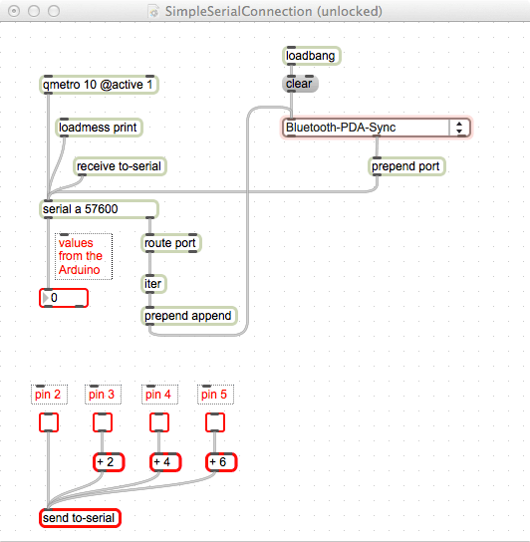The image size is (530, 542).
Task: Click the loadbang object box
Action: (312, 56)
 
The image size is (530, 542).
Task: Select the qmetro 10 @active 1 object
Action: (99, 85)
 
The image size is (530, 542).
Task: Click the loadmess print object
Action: (99, 128)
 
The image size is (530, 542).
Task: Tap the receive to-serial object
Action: (120, 166)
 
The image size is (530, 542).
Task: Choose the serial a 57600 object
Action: (99, 209)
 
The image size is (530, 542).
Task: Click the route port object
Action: (170, 243)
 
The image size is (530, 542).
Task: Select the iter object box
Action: (153, 284)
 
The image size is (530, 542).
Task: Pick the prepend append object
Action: (189, 316)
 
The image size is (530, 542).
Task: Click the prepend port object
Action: (406, 166)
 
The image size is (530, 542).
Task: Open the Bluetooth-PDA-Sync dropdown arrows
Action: (459, 128)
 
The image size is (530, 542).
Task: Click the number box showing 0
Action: (64, 298)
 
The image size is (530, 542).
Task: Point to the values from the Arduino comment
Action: (84, 256)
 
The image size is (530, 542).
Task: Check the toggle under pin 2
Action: (49, 422)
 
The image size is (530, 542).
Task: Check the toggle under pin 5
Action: (215, 422)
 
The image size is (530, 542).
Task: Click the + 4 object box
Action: (165, 462)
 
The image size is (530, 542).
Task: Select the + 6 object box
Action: (221, 462)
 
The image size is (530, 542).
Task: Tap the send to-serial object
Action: (80, 518)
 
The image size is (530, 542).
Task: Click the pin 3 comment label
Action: (103, 395)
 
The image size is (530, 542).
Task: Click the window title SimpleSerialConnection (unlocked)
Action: (274, 11)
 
